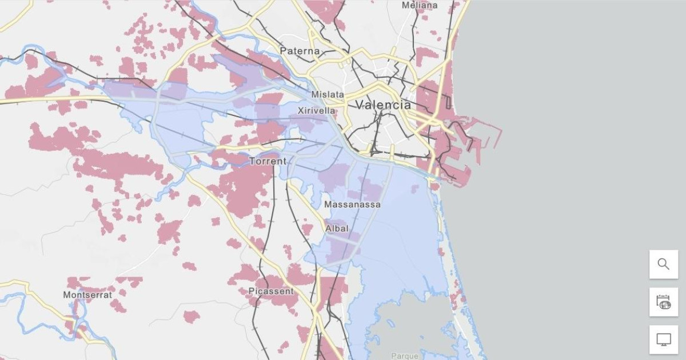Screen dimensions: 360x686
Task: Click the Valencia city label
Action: tap(383, 105)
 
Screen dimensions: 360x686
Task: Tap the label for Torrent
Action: tap(268, 162)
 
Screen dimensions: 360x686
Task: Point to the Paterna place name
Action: tap(300, 51)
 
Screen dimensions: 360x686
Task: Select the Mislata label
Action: tap(328, 94)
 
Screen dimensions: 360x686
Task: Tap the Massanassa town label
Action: tap(352, 204)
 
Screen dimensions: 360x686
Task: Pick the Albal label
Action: tap(337, 229)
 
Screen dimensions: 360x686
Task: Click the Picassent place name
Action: tap(271, 291)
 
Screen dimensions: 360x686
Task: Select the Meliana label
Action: tap(419, 5)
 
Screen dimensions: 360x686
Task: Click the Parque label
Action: tap(405, 356)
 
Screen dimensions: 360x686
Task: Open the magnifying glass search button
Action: tap(663, 264)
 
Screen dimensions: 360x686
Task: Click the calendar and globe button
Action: tap(663, 302)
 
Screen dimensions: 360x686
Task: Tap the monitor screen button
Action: tap(663, 339)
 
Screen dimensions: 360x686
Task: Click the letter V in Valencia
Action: tap(360, 105)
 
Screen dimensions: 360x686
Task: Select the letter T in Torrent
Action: tap(252, 162)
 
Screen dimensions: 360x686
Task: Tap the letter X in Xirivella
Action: tap(301, 110)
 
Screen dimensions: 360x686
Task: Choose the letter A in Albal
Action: tap(328, 229)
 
